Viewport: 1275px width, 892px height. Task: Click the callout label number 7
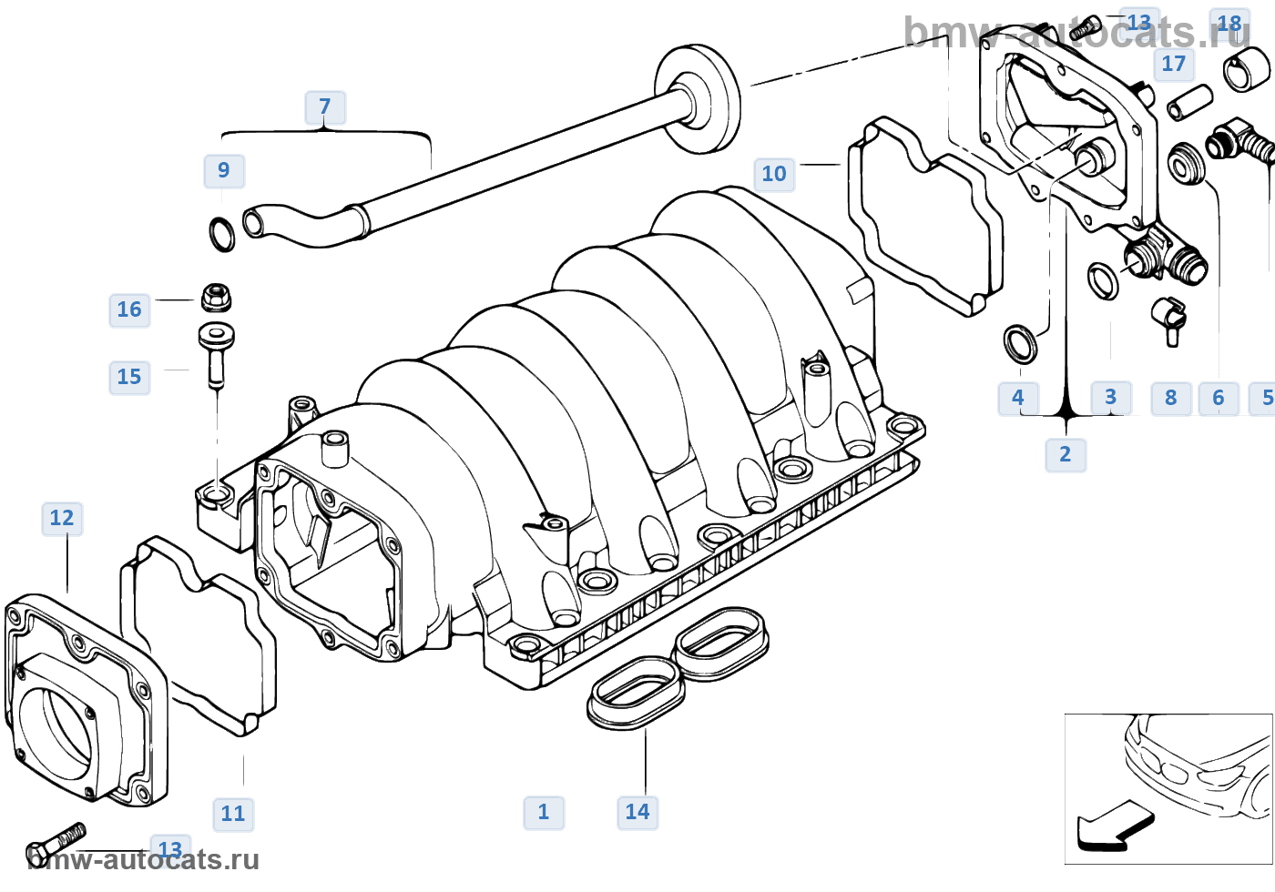[325, 107]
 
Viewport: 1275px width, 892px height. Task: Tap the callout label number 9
[224, 171]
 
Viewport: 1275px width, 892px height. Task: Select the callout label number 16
[129, 310]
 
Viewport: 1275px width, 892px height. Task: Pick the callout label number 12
[62, 519]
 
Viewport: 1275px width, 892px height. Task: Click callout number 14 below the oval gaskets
[637, 812]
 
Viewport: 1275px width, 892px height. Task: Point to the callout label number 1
[544, 812]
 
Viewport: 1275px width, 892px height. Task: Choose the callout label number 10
[774, 174]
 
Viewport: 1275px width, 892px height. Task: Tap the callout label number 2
[1066, 455]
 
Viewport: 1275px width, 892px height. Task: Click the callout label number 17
[1174, 64]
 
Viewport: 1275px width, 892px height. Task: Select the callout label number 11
[233, 814]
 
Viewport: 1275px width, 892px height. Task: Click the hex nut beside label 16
[217, 298]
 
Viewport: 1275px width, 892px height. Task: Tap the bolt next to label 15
[217, 356]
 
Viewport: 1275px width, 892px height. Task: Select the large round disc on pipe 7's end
[698, 99]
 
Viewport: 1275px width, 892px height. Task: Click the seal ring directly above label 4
[1020, 344]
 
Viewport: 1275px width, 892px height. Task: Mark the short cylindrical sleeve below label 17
[1190, 102]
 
